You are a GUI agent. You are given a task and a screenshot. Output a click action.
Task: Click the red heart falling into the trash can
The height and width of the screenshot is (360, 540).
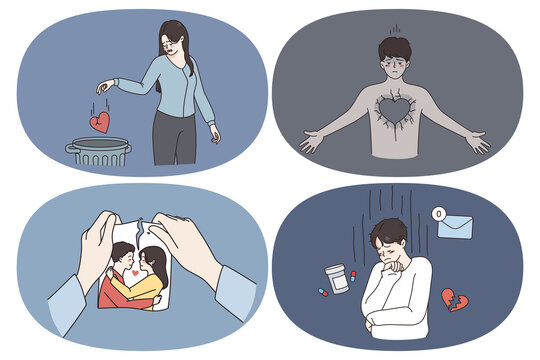(x=99, y=121)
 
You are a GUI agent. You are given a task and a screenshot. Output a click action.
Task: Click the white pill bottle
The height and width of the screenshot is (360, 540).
(x=338, y=282)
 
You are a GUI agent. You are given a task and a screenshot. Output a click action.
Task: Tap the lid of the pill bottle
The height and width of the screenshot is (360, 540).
(x=338, y=270)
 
